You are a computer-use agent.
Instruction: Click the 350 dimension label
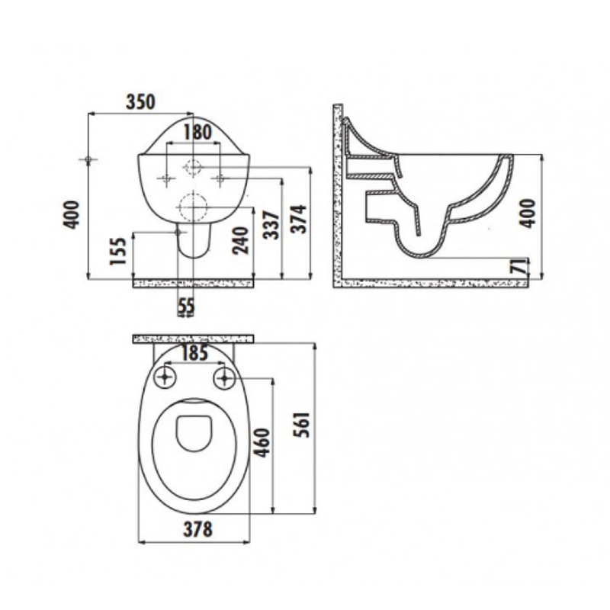tap(140, 101)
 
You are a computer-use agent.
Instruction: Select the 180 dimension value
tap(197, 132)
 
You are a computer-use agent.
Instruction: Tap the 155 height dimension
tap(118, 251)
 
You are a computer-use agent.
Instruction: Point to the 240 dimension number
tap(240, 240)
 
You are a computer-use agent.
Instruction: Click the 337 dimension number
tap(271, 225)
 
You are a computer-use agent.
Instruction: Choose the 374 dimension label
tap(300, 219)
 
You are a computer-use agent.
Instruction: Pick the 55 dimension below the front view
tap(186, 307)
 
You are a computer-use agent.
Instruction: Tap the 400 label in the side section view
tap(528, 213)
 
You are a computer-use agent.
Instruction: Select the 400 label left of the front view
tap(72, 215)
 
